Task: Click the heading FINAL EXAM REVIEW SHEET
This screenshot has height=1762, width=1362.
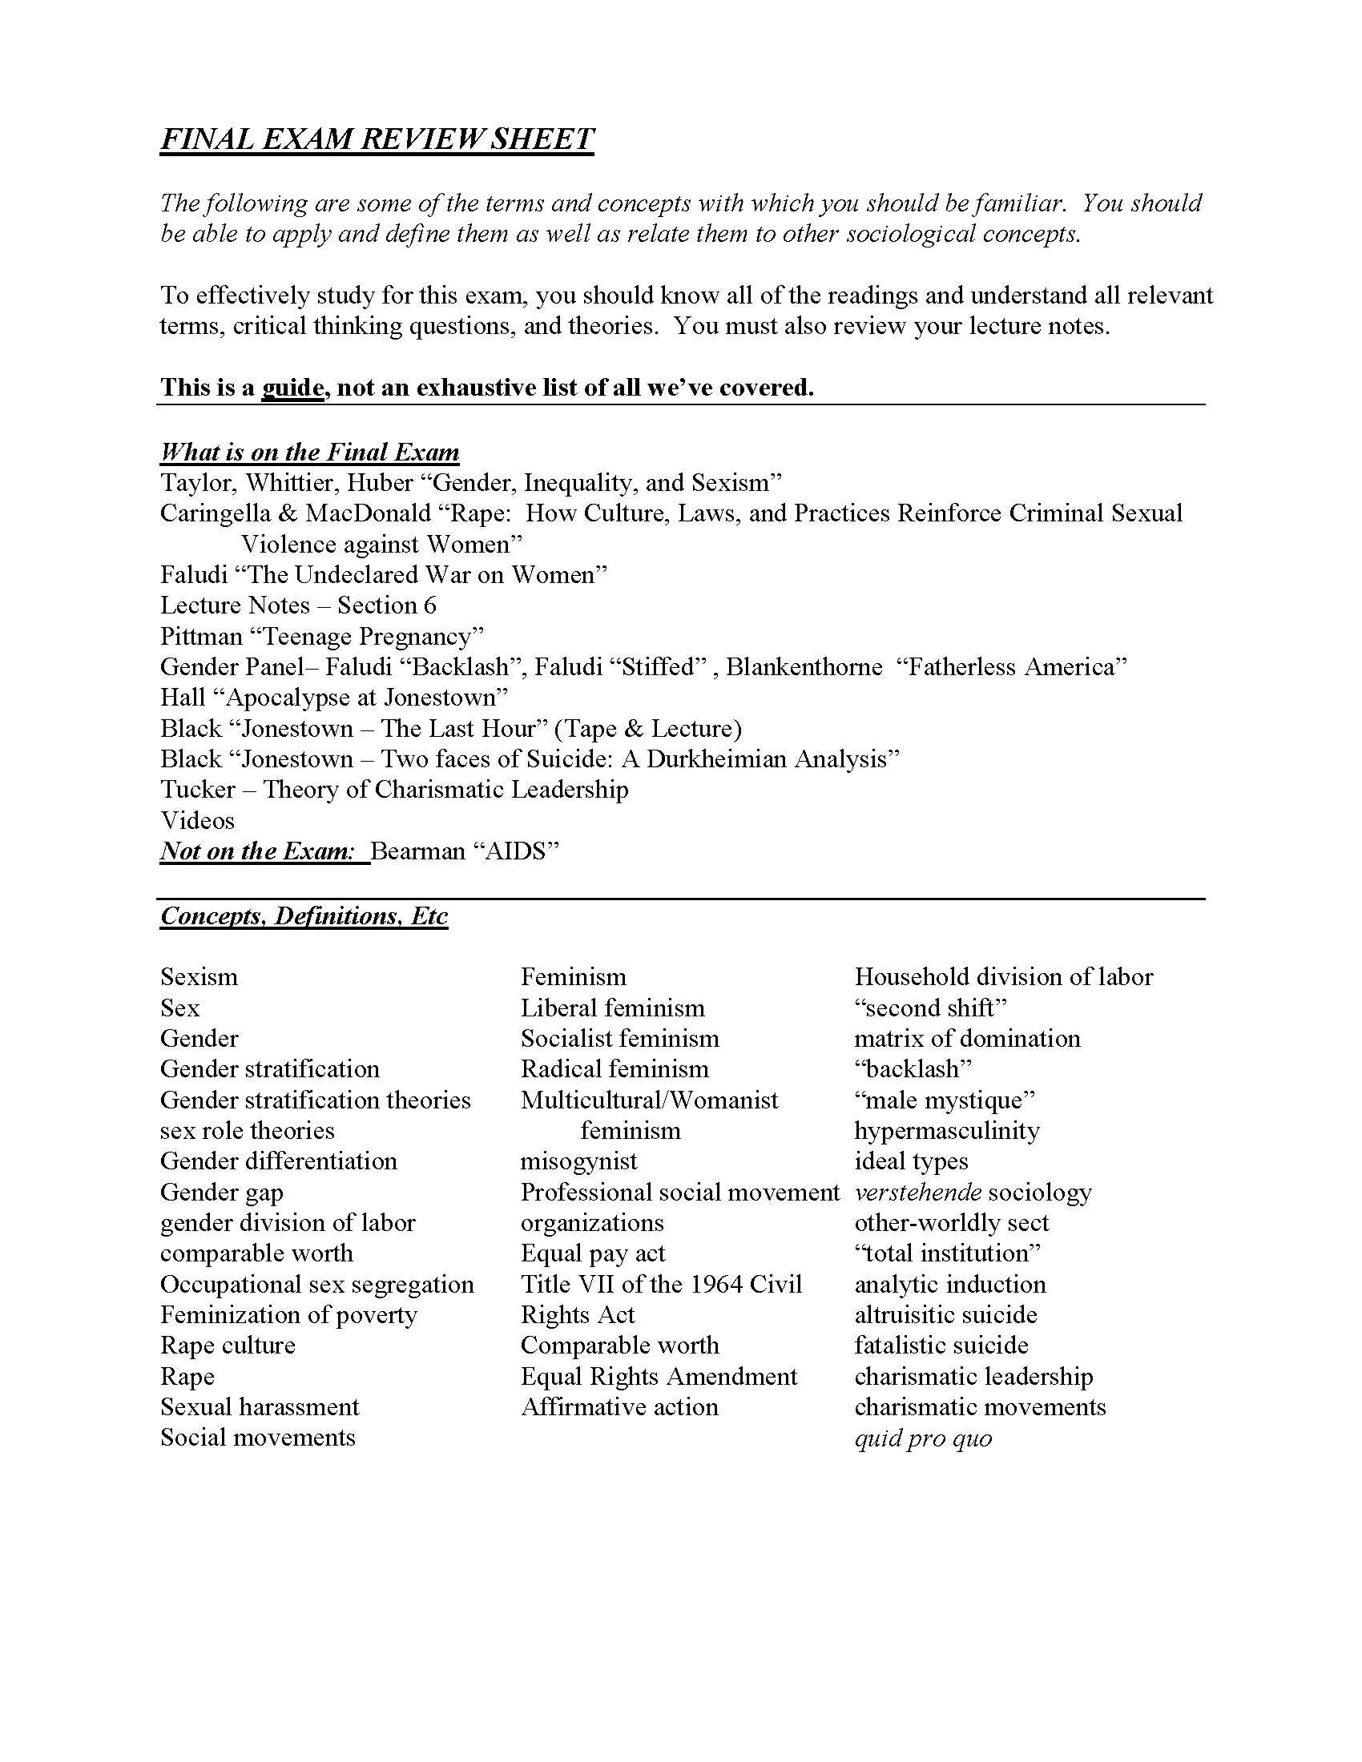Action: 377,139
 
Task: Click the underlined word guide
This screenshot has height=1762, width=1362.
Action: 292,388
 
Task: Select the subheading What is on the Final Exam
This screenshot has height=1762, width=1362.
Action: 310,452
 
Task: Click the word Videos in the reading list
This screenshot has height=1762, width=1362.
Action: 198,820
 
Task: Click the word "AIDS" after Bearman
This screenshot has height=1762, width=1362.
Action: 518,851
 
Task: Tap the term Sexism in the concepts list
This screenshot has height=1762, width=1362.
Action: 199,977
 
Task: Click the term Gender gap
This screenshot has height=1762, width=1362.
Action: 222,1193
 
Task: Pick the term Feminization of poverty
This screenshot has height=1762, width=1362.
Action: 289,1315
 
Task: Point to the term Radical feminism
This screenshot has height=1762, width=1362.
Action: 615,1069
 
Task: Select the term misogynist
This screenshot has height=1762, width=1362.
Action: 578,1162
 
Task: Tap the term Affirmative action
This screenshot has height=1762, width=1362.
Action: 619,1407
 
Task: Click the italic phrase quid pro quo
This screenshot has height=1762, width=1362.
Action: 923,1438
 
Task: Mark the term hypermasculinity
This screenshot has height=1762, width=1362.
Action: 947,1131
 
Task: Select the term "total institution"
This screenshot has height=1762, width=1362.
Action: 948,1253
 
